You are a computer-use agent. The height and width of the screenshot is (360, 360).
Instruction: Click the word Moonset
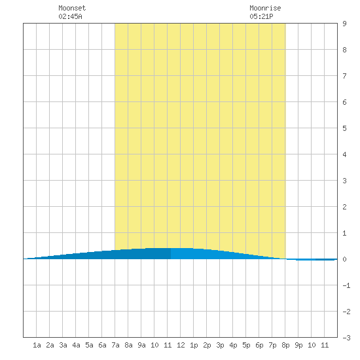(72, 8)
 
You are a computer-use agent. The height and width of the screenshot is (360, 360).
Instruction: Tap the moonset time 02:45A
(70, 16)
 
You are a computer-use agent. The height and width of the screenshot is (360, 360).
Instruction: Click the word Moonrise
(265, 8)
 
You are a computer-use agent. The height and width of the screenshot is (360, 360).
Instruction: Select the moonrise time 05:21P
(261, 16)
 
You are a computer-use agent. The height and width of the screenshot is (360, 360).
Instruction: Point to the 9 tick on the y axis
(344, 24)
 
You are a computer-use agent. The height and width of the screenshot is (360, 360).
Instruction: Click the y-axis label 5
(344, 128)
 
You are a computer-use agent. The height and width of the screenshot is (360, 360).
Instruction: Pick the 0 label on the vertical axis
(344, 259)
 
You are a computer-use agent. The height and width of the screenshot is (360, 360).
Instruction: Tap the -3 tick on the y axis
(346, 338)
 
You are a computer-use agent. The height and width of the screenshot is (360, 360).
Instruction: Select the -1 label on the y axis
(346, 285)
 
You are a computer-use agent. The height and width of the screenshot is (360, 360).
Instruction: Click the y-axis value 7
(344, 76)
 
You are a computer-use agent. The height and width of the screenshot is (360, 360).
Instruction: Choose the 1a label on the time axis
(37, 345)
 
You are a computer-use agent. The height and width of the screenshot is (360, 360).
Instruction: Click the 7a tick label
(115, 345)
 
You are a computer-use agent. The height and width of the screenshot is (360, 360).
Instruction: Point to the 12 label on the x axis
(181, 345)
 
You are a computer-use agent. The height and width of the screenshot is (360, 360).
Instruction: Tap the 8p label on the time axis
(285, 345)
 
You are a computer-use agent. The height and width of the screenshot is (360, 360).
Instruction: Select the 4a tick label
(76, 345)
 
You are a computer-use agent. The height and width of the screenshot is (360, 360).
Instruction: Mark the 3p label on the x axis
(220, 345)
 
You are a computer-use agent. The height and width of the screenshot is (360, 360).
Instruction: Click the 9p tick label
(298, 345)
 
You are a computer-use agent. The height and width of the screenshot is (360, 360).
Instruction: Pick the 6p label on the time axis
(259, 345)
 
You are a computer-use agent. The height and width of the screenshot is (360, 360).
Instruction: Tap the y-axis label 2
(344, 207)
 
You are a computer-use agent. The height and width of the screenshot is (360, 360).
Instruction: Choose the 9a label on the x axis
(141, 345)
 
